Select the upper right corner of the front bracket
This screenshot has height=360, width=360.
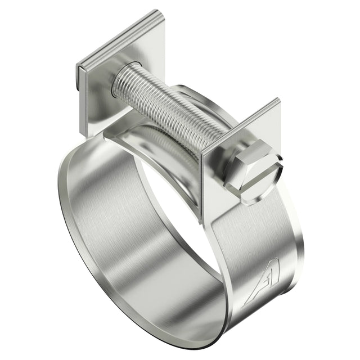[x=278, y=101]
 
